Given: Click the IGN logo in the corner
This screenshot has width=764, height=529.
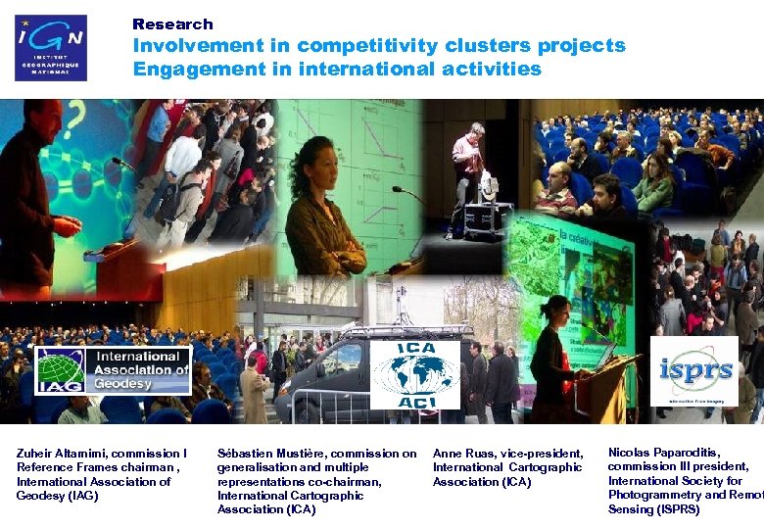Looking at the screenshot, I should (51, 47).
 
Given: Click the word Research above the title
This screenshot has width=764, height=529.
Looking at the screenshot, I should (172, 24).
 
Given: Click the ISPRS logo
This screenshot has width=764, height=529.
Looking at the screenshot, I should (693, 371).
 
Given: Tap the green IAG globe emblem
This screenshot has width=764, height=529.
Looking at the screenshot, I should (60, 371).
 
